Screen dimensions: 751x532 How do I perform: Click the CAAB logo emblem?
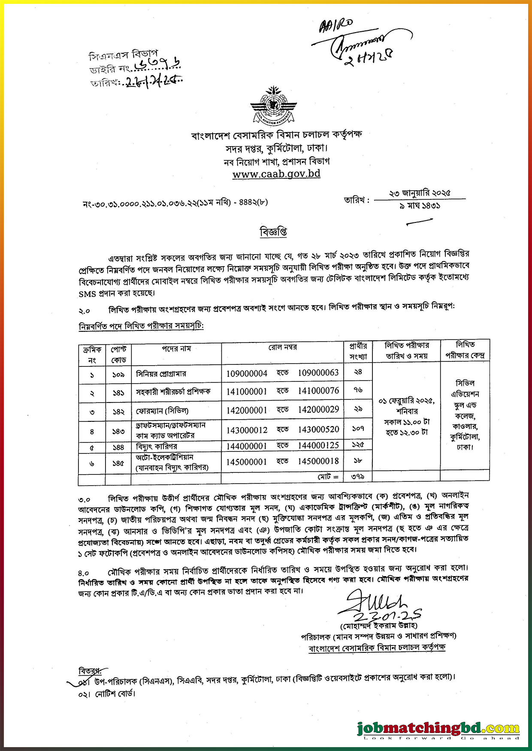click(x=273, y=106)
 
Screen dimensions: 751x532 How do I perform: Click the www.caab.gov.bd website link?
click(x=276, y=174)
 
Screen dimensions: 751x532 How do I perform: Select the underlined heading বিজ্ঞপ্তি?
click(x=273, y=232)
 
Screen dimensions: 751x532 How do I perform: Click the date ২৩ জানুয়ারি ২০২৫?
click(x=420, y=193)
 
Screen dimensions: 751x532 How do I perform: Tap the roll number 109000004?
click(x=247, y=373)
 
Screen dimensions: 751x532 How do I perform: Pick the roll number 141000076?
click(x=318, y=391)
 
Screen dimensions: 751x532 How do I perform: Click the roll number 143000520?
click(x=318, y=430)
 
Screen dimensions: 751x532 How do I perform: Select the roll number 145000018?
click(x=318, y=461)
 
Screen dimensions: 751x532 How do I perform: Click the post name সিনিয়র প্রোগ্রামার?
click(x=161, y=374)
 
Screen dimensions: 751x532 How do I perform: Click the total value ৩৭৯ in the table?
click(x=357, y=476)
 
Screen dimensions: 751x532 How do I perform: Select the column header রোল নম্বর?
click(x=283, y=347)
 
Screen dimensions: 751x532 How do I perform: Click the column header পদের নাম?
click(x=176, y=349)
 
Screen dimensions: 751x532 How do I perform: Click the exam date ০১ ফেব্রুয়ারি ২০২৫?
click(x=406, y=401)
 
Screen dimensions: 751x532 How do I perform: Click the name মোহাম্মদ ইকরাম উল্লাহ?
click(x=379, y=625)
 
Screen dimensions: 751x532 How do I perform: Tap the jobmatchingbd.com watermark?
click(x=438, y=728)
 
